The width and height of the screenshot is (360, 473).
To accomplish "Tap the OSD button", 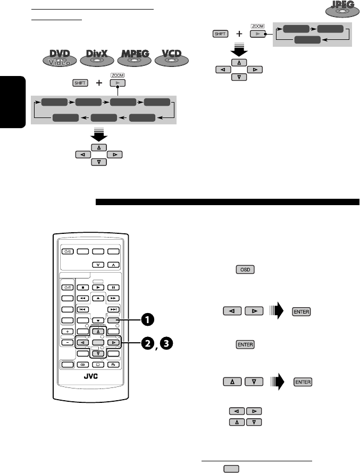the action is click(246, 270).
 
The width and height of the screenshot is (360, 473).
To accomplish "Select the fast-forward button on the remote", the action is click(114, 299).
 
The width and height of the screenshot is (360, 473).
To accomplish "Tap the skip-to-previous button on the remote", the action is click(82, 309).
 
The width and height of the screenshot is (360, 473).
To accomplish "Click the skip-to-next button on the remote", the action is click(114, 309).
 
